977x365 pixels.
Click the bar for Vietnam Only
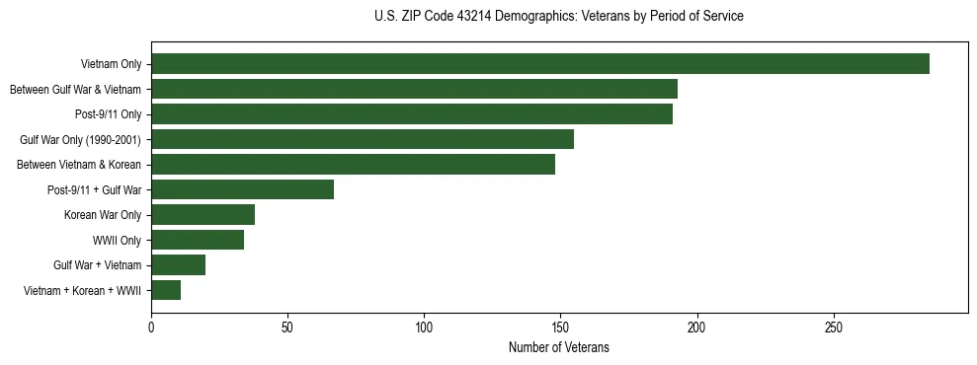(540, 64)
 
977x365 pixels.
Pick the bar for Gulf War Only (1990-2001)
(363, 139)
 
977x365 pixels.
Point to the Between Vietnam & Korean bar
(353, 165)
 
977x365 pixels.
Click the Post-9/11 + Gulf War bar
(242, 189)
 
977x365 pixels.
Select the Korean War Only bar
(203, 215)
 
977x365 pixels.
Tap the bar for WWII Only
(198, 240)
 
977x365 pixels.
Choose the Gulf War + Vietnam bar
(178, 265)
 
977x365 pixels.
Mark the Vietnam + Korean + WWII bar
(166, 290)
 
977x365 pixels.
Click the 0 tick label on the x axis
(151, 327)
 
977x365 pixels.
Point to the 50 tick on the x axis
(287, 327)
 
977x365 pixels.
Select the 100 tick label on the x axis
(424, 327)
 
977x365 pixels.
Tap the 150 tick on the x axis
(560, 327)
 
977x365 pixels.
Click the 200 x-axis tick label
(696, 327)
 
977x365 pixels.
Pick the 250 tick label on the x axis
(833, 327)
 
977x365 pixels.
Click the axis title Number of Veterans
(559, 347)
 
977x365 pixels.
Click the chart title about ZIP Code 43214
(559, 17)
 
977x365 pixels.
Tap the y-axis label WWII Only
(117, 240)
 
